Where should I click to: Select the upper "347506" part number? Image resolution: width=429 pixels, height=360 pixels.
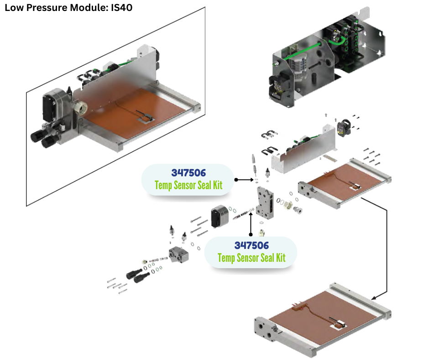[189, 173]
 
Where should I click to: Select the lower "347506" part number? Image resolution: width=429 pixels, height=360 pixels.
[251, 246]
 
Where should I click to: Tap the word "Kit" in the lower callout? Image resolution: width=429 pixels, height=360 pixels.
[279, 258]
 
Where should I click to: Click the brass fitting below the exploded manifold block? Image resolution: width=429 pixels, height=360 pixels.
[262, 232]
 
